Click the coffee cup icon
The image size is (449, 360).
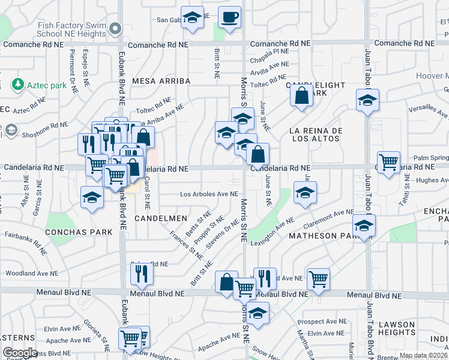[x=229, y=17]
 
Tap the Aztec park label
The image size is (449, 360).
[x=47, y=86]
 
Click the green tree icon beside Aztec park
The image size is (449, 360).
[x=18, y=85]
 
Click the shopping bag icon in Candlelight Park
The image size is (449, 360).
[x=301, y=95]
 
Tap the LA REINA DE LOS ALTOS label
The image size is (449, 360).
[x=315, y=134]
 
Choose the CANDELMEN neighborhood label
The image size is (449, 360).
[x=160, y=218]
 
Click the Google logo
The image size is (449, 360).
[x=20, y=353]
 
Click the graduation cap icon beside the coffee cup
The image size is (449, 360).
[x=192, y=18]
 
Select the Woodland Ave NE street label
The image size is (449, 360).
[x=31, y=273]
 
